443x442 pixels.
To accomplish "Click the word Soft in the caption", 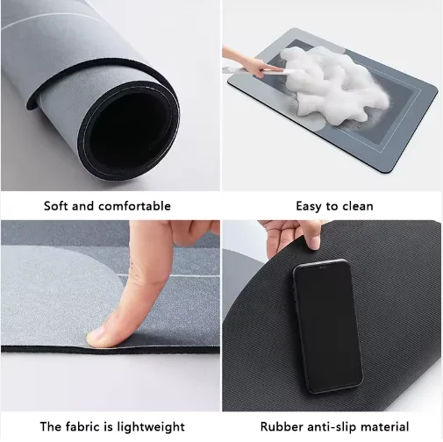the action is tap(56, 206).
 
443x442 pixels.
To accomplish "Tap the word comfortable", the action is tap(134, 206).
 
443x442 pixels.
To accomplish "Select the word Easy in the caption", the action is tap(309, 206).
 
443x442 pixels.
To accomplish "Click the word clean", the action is tap(358, 206).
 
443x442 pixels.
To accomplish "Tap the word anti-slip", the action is tap(332, 427).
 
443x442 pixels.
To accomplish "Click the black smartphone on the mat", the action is tap(328, 325).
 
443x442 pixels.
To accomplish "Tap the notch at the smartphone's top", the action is tap(322, 267).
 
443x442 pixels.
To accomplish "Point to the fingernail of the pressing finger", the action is tap(96, 337).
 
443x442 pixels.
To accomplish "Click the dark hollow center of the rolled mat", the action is tap(129, 130).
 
